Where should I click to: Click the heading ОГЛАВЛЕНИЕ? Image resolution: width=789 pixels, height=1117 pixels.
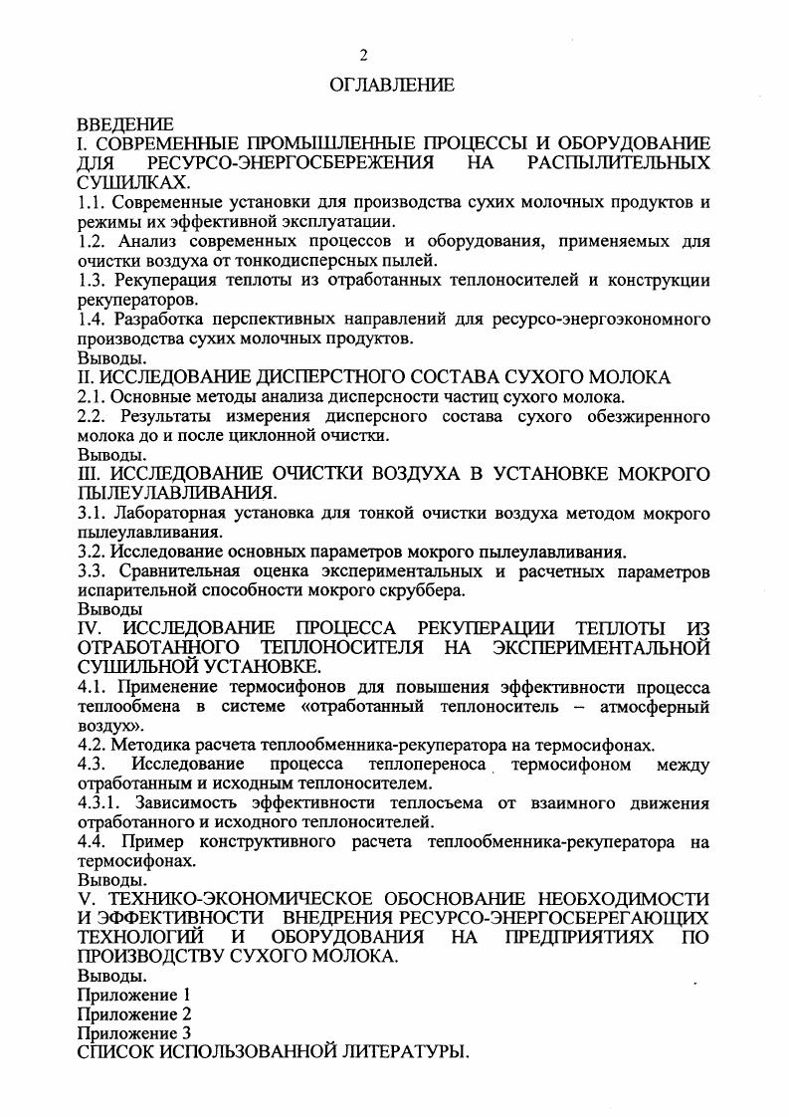coord(392,86)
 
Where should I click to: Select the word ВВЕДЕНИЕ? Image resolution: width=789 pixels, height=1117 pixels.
coord(125,124)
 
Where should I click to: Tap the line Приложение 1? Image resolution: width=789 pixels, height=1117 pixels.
coord(133,995)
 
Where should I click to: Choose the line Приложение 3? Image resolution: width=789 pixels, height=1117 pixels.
coord(133,1033)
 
